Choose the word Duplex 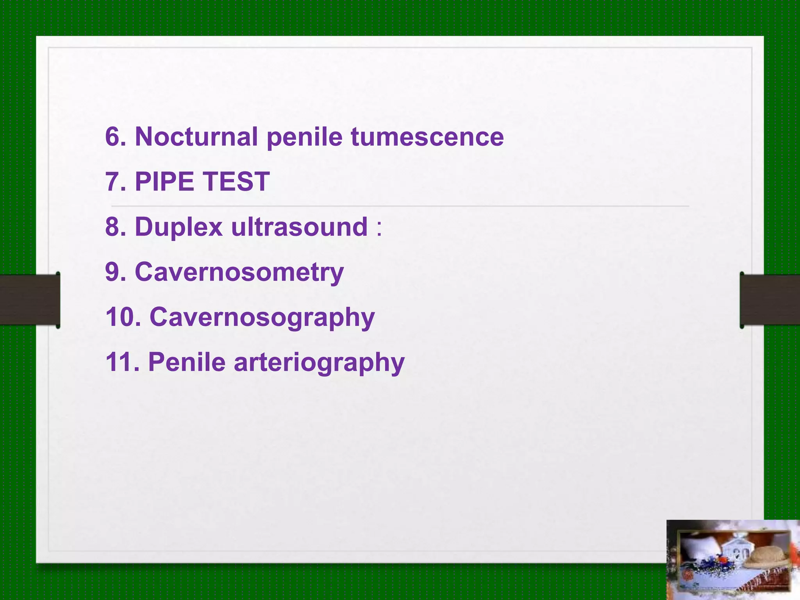[x=179, y=227]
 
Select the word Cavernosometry [x=239, y=272]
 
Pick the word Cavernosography [x=262, y=318]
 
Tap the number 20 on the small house [x=739, y=554]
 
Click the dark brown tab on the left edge [x=30, y=300]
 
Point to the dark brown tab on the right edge [x=770, y=300]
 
